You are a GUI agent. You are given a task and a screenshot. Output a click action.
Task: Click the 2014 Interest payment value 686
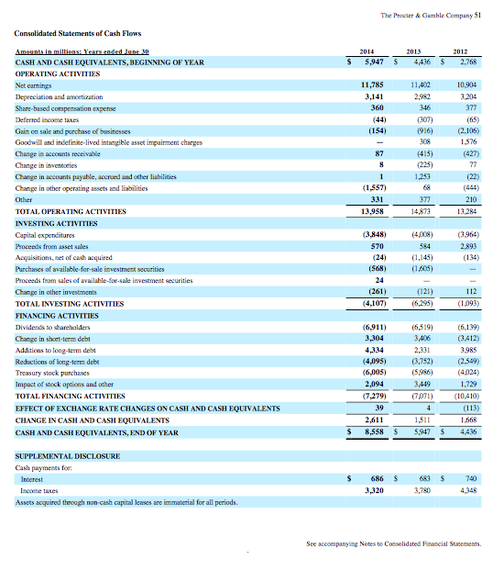(374, 478)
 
